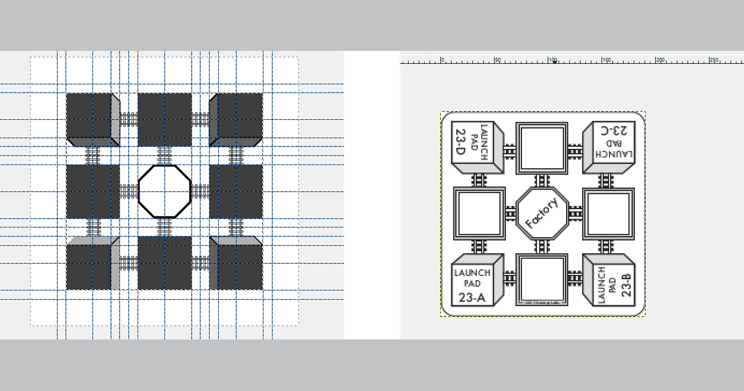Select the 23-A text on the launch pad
click(x=472, y=298)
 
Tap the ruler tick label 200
click(x=661, y=60)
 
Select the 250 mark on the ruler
click(x=715, y=60)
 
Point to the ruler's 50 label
click(x=497, y=60)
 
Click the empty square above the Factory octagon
click(x=542, y=148)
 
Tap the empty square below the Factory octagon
click(x=542, y=279)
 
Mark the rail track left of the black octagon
click(x=128, y=191)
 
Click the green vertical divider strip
click(x=372, y=195)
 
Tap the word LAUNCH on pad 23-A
click(x=472, y=273)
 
